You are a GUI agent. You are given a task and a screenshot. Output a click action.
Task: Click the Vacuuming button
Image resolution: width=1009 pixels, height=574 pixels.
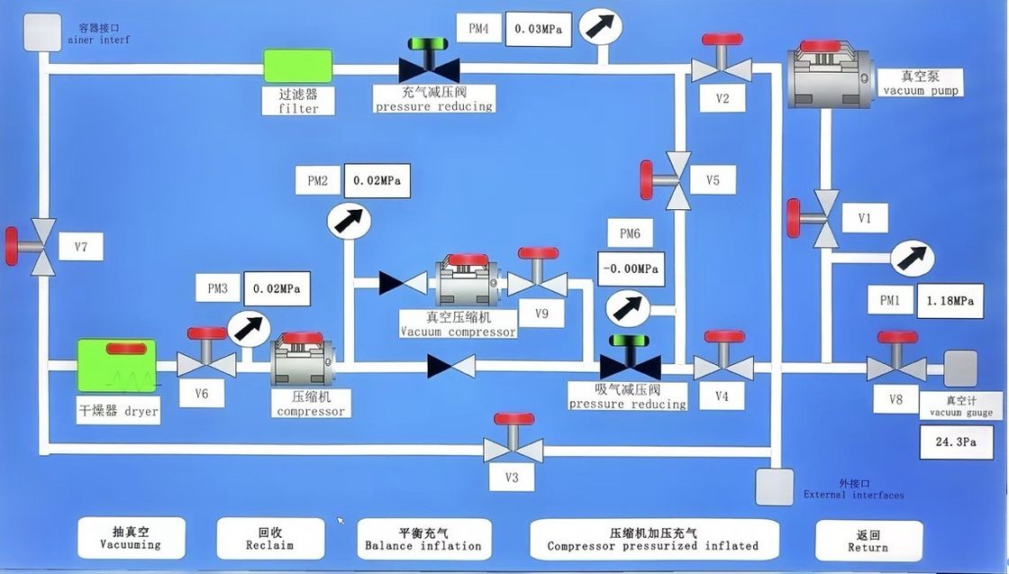point(131,537)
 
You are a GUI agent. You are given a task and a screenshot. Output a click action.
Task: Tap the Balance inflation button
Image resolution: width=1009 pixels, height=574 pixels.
point(423,538)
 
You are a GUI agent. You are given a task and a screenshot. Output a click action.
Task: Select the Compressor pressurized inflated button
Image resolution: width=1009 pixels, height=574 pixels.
point(653,538)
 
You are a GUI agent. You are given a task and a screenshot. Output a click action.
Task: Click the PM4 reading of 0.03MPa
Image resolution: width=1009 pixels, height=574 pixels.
point(539,28)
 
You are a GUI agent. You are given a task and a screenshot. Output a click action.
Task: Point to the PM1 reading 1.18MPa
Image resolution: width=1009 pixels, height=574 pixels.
point(950,301)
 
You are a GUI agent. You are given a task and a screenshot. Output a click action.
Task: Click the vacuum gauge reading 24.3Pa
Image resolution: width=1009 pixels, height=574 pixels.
point(956,442)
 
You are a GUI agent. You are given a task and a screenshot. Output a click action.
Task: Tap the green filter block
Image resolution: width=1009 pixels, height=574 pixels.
point(297,66)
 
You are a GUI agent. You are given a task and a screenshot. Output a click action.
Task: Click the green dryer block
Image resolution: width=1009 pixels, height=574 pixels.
point(116,365)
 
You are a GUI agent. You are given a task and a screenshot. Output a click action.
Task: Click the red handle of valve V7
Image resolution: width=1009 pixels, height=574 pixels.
point(12,247)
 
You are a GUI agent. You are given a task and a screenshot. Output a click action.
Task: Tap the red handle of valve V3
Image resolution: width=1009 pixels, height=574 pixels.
point(514,419)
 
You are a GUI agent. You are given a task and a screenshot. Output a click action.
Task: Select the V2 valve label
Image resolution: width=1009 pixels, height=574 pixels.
point(723,98)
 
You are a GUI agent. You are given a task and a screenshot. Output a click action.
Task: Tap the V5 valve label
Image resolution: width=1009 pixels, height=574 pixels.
point(713,180)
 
